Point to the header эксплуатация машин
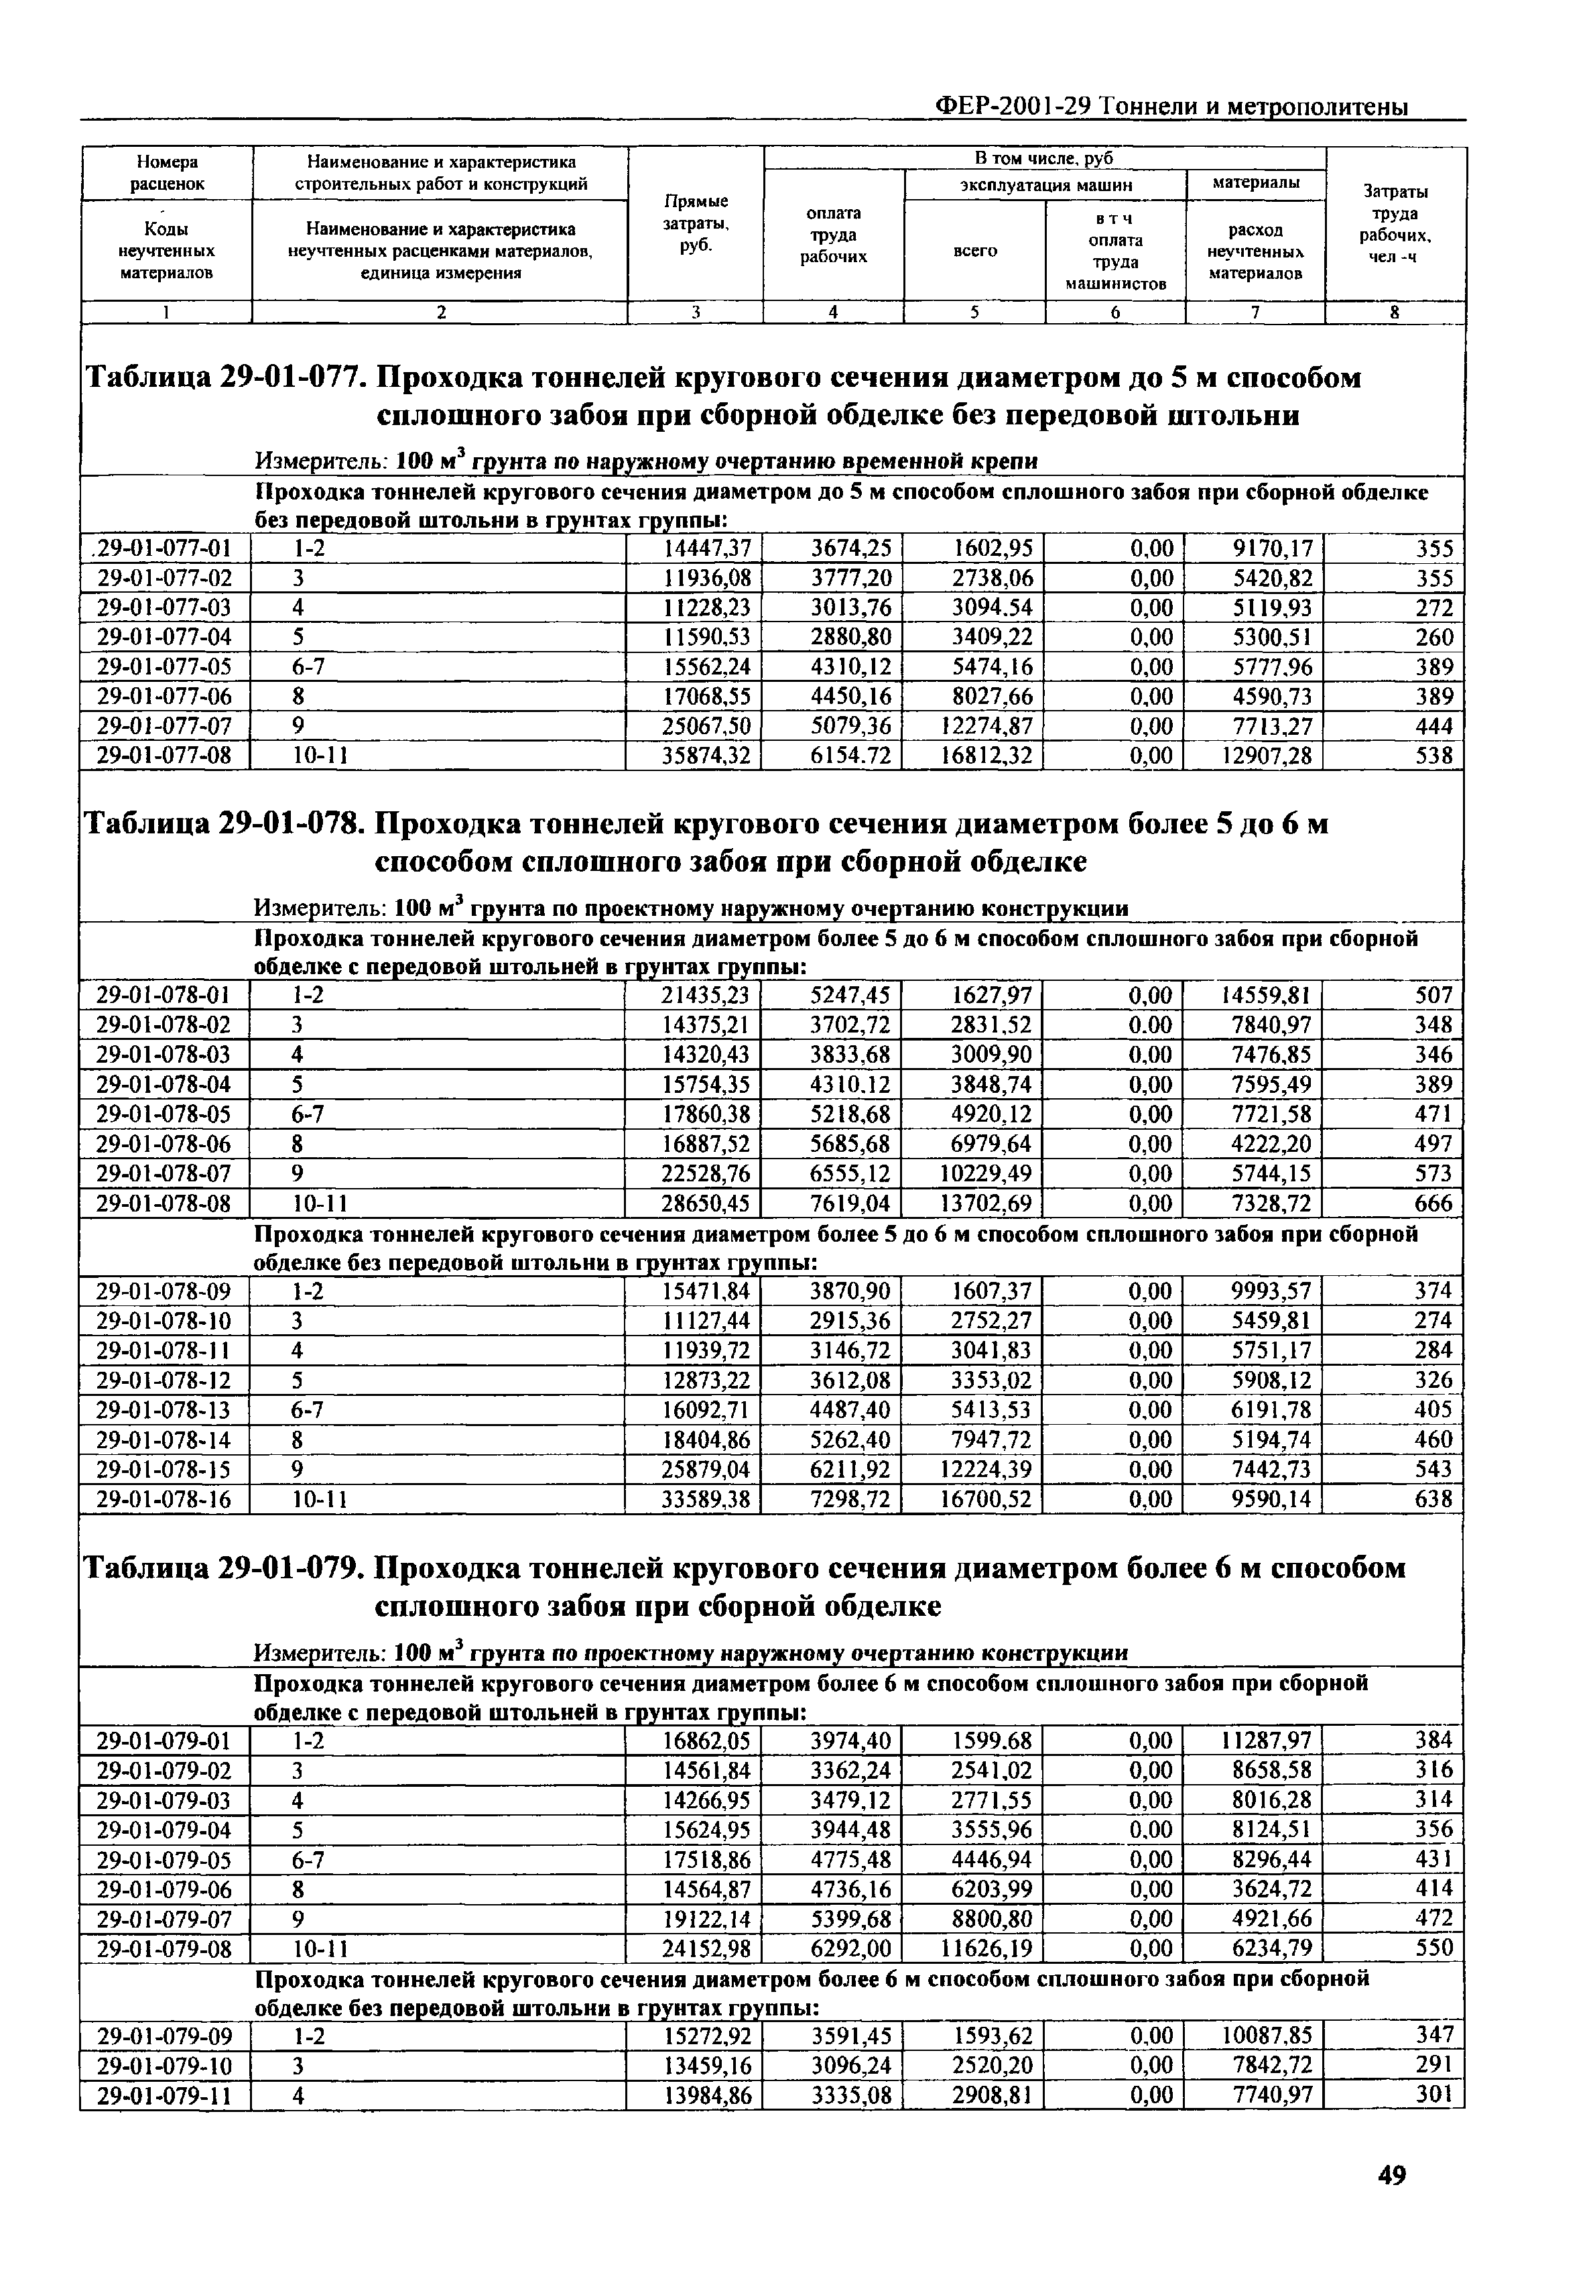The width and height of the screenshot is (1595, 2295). click(1045, 185)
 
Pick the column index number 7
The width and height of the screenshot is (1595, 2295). click(1255, 313)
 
